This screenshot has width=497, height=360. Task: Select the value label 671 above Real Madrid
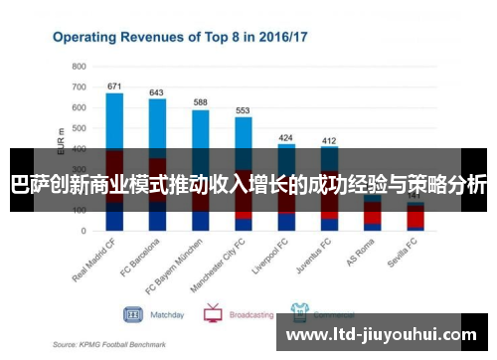pyautogui.click(x=114, y=86)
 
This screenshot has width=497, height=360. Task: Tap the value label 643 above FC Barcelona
pyautogui.click(x=157, y=92)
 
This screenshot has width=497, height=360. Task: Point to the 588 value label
pyautogui.click(x=200, y=102)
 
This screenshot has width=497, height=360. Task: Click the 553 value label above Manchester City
pyautogui.click(x=243, y=110)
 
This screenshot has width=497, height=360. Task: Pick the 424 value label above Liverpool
pyautogui.click(x=286, y=137)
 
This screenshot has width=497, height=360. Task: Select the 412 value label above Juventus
pyautogui.click(x=329, y=140)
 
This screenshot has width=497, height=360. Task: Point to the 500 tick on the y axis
pyautogui.click(x=79, y=127)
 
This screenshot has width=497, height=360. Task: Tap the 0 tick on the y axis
pyautogui.click(x=84, y=231)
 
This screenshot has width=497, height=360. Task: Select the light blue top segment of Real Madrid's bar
pyautogui.click(x=114, y=119)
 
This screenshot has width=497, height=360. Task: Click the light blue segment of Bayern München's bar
pyautogui.click(x=200, y=129)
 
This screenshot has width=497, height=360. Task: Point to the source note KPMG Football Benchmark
pyautogui.click(x=109, y=344)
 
